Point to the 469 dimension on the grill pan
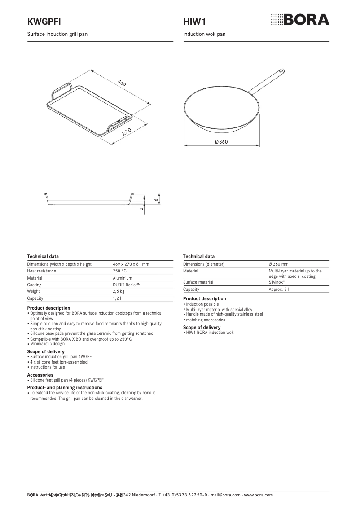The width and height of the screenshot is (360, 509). [x=122, y=83]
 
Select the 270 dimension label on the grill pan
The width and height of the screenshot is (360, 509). [x=126, y=132]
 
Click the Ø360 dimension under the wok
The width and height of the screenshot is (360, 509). [x=221, y=142]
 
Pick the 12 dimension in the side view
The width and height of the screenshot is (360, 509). [x=141, y=209]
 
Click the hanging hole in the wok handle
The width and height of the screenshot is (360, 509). [x=281, y=71]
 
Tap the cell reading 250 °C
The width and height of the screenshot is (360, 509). [x=119, y=271]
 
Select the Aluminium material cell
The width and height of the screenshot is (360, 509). [x=123, y=278]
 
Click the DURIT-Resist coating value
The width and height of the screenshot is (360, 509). [x=127, y=285]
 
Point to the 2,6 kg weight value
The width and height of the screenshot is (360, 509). [x=119, y=291]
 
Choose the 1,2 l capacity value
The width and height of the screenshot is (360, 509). [x=117, y=298]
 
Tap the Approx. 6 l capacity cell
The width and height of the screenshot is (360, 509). [x=278, y=290]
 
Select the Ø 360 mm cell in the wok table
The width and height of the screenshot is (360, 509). [x=278, y=264]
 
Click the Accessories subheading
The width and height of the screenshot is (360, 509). [x=40, y=375]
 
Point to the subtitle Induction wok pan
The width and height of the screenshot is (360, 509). [x=204, y=34]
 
